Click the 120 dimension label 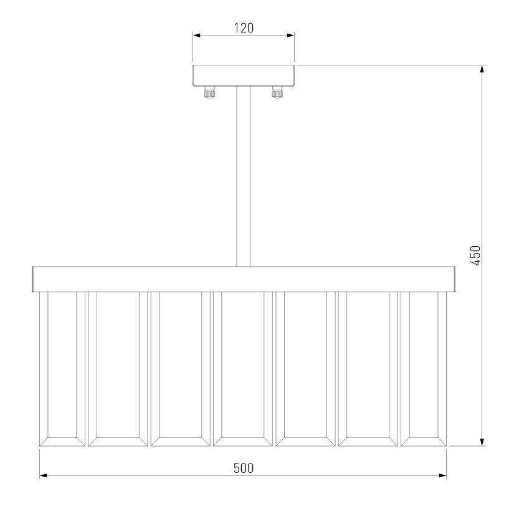[x=244, y=28]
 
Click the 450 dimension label [x=475, y=255]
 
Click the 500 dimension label [x=244, y=468]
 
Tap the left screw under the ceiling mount [x=210, y=92]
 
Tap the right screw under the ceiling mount [x=277, y=92]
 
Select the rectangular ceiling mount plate [x=244, y=75]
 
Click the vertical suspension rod [x=244, y=176]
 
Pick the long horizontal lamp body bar [x=244, y=279]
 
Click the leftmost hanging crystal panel [x=62, y=369]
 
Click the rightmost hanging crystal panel [x=424, y=369]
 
